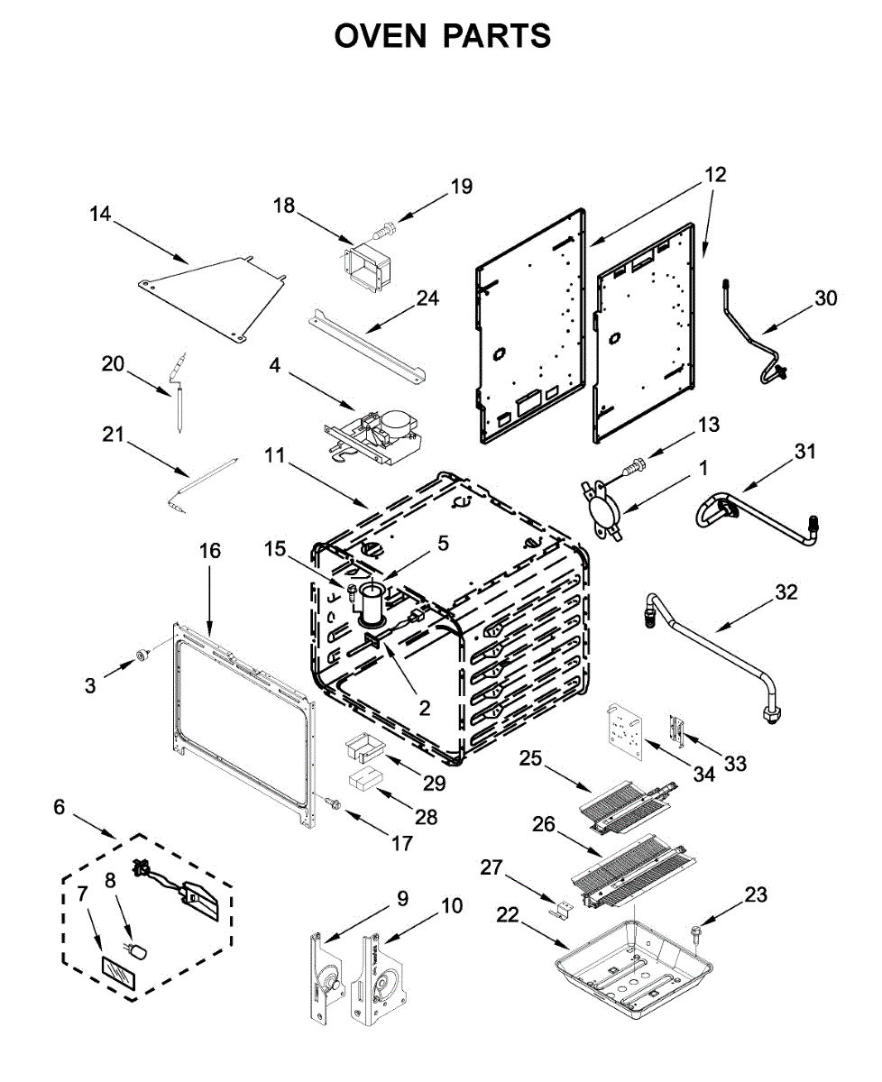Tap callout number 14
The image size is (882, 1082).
pyautogui.click(x=100, y=215)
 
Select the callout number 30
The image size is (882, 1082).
pyautogui.click(x=825, y=298)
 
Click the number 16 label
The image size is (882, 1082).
pyautogui.click(x=209, y=550)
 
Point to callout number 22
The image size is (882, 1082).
pyautogui.click(x=508, y=915)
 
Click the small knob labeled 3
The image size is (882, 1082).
pyautogui.click(x=141, y=653)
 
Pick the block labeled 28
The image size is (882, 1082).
pyautogui.click(x=364, y=778)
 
